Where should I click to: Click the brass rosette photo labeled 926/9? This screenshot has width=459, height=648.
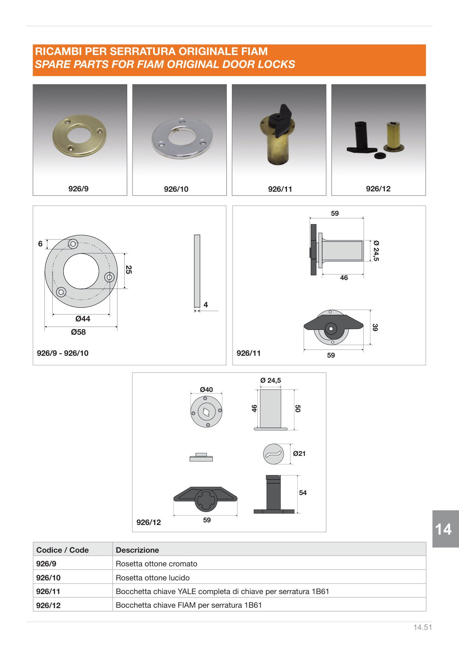coord(80,135)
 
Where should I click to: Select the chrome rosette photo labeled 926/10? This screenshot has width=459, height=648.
coord(182,138)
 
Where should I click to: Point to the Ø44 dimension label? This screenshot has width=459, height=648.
coord(83,318)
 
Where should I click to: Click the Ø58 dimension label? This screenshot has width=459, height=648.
coord(78,332)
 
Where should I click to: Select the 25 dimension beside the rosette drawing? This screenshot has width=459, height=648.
coord(129,270)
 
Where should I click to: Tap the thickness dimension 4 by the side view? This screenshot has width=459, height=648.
coord(206,305)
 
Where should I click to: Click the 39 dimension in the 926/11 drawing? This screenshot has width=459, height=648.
coord(375,327)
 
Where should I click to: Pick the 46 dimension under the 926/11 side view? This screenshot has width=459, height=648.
coord(344,278)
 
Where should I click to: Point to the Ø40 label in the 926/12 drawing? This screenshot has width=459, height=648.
coord(206,389)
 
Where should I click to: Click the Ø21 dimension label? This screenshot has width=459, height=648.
coord(299,453)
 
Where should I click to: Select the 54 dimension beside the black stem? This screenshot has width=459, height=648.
coord(303,492)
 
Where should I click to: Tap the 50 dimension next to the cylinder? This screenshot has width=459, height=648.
coord(298,408)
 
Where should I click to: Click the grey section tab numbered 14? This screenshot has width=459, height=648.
coord(445,529)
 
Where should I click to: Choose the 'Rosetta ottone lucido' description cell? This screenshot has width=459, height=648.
coord(153,578)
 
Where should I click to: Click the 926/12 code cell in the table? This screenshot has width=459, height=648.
coord(48,605)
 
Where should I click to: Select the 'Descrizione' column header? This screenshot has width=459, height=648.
coord(137,550)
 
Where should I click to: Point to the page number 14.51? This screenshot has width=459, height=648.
coord(423,627)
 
